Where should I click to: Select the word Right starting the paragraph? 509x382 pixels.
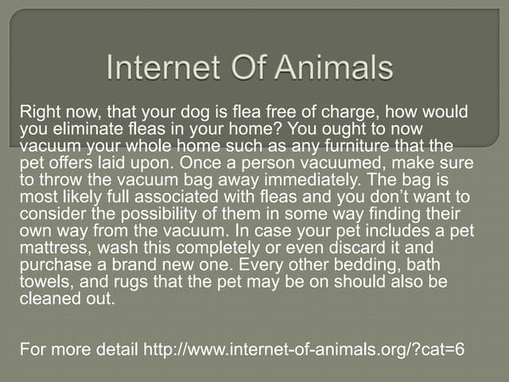40,114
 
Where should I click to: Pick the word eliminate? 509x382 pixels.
83,129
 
